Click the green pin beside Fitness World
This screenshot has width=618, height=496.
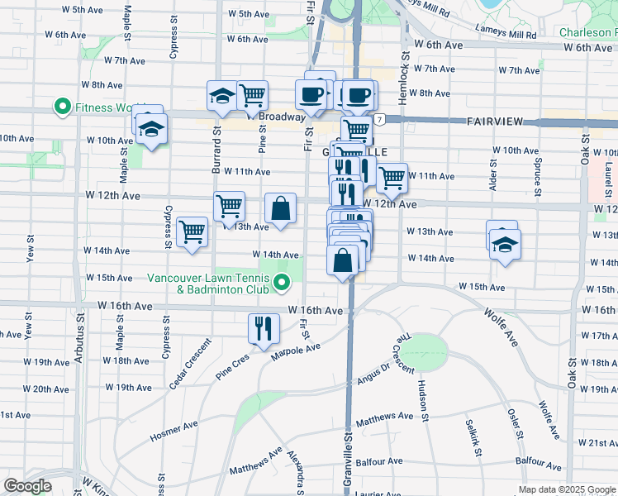coord(62,107)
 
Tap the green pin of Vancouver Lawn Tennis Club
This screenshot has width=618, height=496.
coord(282,284)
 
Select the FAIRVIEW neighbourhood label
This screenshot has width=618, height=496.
coord(496,122)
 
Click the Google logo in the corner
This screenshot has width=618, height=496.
coord(27,486)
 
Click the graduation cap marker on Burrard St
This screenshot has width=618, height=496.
coord(221,97)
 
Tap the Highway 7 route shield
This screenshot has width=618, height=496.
coord(378,120)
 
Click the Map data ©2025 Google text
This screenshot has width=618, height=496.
coord(566,490)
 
